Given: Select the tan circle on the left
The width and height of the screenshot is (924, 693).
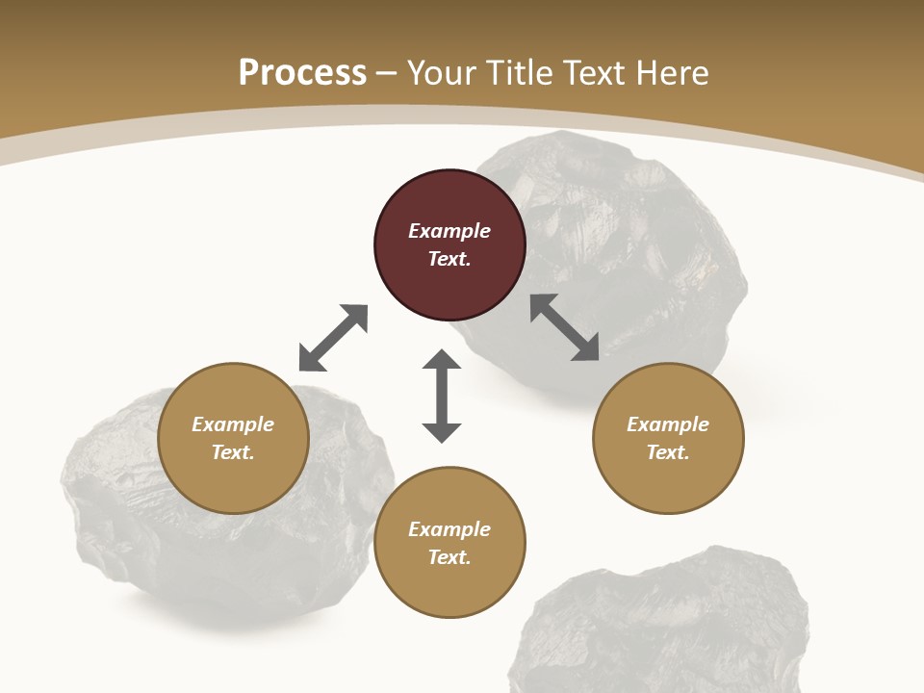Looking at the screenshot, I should (233, 438).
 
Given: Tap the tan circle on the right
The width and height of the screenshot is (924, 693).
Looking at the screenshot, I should (668, 438).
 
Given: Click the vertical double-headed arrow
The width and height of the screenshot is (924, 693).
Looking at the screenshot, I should (442, 396).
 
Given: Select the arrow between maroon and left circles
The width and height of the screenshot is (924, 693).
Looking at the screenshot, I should (334, 338).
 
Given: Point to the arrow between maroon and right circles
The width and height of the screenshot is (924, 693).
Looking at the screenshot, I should (565, 327).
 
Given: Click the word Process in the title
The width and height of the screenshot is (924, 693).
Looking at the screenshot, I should (302, 72).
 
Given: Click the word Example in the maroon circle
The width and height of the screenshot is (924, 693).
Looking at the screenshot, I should (449, 231).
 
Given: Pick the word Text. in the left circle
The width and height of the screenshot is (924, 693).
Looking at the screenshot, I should (233, 452).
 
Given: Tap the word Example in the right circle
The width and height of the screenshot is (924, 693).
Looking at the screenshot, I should (668, 424).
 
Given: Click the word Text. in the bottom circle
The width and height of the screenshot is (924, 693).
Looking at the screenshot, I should (449, 557).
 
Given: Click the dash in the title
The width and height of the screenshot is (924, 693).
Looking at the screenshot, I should (387, 73).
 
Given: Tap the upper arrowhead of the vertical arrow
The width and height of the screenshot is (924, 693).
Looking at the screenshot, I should (442, 361).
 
